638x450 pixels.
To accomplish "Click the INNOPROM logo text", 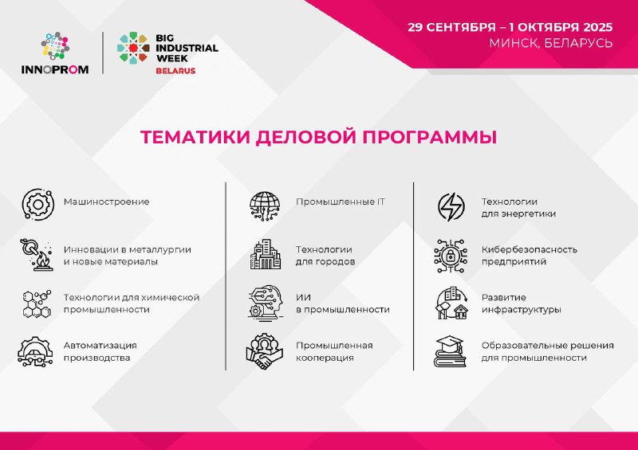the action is point(55,69).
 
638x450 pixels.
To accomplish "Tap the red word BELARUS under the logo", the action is point(175,71).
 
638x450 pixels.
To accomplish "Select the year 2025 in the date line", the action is point(597,27).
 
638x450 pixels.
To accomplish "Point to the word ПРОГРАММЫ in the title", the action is point(429,137).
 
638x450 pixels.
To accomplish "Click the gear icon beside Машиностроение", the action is point(37,205).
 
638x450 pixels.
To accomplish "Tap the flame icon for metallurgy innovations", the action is point(36,255).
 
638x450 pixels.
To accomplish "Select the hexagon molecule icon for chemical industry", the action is point(37,303).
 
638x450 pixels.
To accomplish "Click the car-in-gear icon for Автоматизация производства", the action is point(35,351).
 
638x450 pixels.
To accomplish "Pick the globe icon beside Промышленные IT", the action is point(265,206).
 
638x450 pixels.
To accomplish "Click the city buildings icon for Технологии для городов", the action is point(266,255).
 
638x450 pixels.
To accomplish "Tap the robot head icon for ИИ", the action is point(266,302).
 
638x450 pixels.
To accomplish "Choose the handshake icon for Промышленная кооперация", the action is point(265,351).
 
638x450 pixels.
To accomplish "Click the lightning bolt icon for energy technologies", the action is point(451,207).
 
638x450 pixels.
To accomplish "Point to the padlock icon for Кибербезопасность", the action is point(451,256).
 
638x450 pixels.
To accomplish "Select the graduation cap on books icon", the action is point(449,351).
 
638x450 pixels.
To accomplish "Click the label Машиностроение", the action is point(107,202).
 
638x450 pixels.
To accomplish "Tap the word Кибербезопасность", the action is point(530,249).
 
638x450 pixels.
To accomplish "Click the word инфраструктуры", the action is point(522,310).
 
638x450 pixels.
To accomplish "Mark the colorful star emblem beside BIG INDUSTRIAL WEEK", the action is point(133,48).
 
